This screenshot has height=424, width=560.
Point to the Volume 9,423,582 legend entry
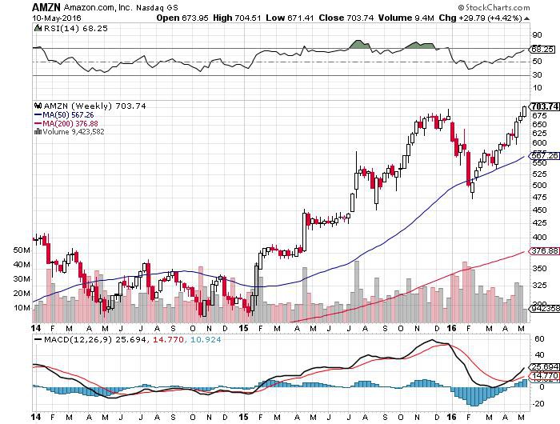point(74,131)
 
